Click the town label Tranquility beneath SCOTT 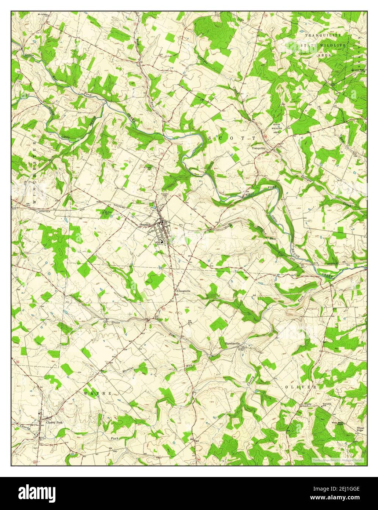258,148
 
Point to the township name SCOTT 232,138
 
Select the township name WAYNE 97,393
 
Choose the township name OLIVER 300,387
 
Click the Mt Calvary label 43,15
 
